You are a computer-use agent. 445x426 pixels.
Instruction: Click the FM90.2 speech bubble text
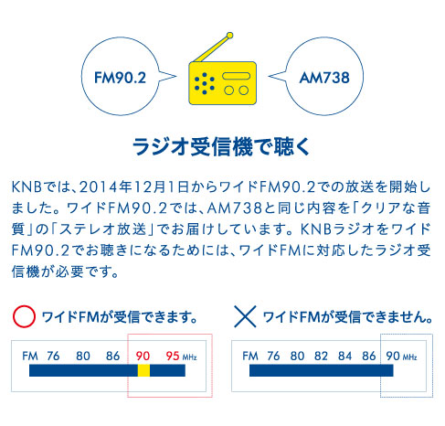[x=120, y=78]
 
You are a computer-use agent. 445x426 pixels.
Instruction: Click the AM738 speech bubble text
[x=324, y=78]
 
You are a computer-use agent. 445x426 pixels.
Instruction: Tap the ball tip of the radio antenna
[x=230, y=36]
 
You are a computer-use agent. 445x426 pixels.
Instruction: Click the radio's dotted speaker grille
[x=205, y=83]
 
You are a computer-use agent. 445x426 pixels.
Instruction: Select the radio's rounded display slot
[x=236, y=76]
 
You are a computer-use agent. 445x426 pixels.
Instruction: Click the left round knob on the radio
[x=229, y=91]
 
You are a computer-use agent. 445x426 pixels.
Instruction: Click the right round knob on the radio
[x=243, y=91]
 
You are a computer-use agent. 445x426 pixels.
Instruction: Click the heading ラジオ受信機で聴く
[x=221, y=147]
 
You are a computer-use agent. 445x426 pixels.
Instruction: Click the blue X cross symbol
[x=245, y=316]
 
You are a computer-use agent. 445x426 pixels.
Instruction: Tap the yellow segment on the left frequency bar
[x=143, y=370]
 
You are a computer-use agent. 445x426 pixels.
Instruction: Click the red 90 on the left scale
[x=143, y=356]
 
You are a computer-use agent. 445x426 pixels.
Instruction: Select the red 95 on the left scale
[x=173, y=356]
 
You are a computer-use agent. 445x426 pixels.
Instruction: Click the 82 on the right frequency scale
[x=321, y=356]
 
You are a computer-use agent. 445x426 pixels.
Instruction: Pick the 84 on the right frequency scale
[x=344, y=356]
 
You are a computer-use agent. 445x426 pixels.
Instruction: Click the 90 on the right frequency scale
[x=393, y=356]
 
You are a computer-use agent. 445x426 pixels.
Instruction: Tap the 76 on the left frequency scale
[x=53, y=356]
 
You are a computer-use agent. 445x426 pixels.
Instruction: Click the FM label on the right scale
[x=250, y=356]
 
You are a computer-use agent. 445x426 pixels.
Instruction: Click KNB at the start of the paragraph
[x=26, y=187]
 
